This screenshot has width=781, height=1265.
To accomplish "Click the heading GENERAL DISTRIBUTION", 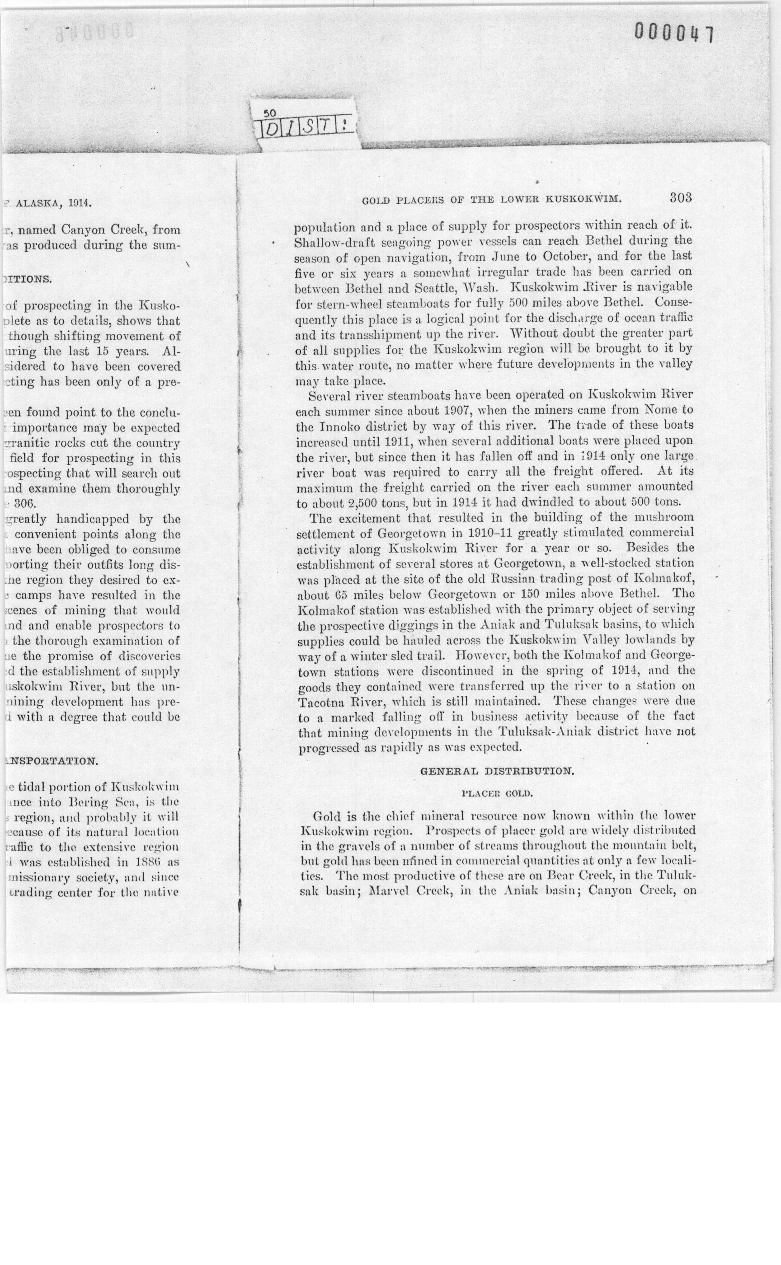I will (496, 772).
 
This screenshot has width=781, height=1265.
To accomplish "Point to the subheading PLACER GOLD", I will (496, 793).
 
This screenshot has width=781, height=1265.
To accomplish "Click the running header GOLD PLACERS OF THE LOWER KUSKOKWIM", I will (491, 199).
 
